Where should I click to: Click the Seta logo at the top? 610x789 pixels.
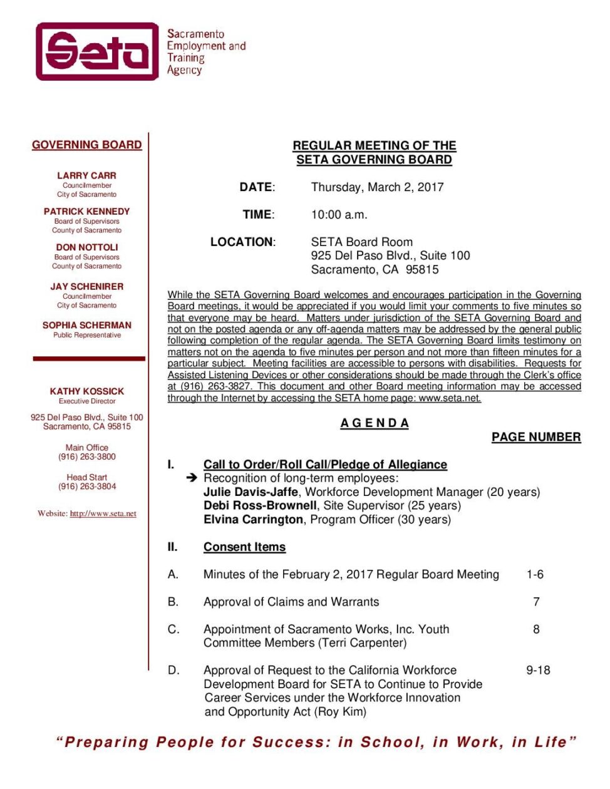tap(98, 51)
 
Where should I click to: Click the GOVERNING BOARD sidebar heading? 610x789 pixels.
tap(87, 145)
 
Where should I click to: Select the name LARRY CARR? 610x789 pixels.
tap(86, 175)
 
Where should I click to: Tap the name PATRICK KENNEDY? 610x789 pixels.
tap(86, 212)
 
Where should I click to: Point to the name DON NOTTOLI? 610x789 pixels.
tap(86, 247)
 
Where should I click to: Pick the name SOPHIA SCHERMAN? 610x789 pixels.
tap(86, 325)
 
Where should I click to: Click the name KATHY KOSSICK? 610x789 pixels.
tap(86, 391)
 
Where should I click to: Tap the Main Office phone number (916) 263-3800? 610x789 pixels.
tap(87, 456)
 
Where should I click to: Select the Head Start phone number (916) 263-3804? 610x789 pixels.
tap(87, 486)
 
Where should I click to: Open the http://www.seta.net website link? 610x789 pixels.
tap(103, 513)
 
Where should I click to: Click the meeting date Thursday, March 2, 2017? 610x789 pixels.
tap(377, 187)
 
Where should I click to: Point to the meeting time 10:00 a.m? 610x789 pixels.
tap(339, 214)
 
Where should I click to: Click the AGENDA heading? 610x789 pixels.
tap(375, 423)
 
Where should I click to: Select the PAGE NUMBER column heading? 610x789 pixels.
tap(535, 437)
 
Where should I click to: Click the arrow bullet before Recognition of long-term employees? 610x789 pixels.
tap(192, 478)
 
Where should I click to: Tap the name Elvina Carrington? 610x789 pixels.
tap(253, 519)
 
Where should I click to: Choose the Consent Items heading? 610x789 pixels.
tap(244, 547)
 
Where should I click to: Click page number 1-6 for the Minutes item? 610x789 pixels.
tap(535, 574)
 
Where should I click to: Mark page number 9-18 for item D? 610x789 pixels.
tap(538, 670)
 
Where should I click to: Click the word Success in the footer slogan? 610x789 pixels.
tap(291, 742)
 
